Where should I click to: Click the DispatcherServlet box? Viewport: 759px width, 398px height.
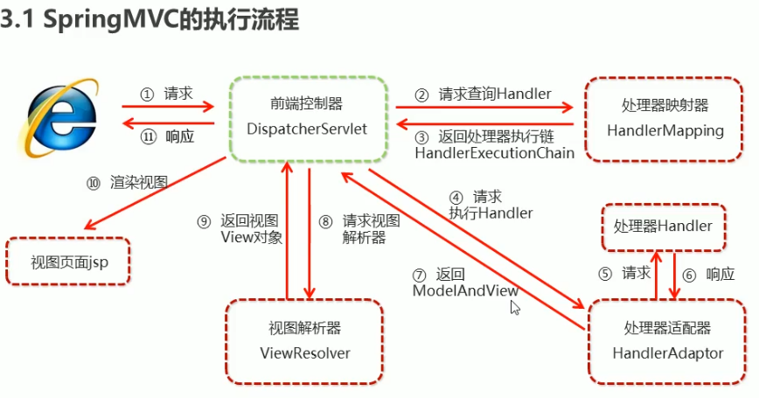click(x=308, y=117)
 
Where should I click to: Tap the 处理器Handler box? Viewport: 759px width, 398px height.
click(x=663, y=227)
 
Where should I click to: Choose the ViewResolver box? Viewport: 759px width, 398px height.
click(x=305, y=341)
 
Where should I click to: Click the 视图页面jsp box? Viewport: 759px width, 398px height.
click(x=68, y=261)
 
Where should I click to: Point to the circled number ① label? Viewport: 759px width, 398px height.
click(x=147, y=94)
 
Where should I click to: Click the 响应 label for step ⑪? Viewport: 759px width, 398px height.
click(x=179, y=136)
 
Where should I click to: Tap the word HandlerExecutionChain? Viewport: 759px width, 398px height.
click(x=494, y=152)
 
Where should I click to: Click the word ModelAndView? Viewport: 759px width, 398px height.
click(x=464, y=290)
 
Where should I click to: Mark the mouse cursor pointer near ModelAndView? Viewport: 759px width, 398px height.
click(x=515, y=307)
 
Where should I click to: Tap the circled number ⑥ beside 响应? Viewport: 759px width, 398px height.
click(x=689, y=274)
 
